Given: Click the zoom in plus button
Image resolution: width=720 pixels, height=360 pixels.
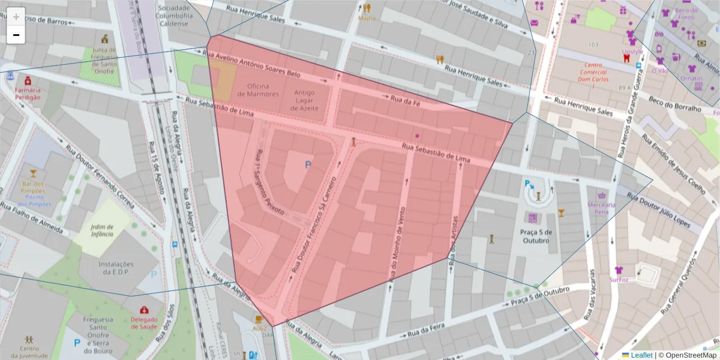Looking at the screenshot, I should click(x=16, y=17).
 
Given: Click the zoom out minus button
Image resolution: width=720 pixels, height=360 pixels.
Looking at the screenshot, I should click(x=16, y=35).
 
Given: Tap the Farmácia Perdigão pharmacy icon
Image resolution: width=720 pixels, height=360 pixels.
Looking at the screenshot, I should click(x=28, y=80).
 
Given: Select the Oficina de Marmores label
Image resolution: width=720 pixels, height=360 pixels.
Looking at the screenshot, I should click(x=258, y=89).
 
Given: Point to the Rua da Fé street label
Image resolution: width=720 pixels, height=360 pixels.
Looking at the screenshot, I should click(x=405, y=100).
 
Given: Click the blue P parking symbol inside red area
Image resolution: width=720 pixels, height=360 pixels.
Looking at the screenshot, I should click(x=308, y=164).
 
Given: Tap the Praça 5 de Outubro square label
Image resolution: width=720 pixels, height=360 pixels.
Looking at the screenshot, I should click(x=536, y=236).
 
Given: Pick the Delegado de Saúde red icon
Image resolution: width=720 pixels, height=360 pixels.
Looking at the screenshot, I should click(x=145, y=310).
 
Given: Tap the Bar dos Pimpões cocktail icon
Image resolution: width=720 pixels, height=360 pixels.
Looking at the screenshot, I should click(x=33, y=173).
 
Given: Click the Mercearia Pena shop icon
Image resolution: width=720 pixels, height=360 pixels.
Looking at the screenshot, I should click(x=601, y=195).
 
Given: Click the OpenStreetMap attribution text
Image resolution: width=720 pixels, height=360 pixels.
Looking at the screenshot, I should click(x=687, y=355).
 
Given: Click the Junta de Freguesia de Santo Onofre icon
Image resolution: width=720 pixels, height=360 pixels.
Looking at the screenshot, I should click(x=106, y=38).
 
